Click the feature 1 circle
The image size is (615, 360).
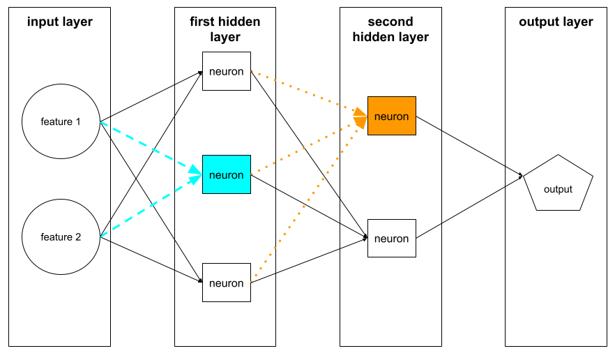pyautogui.click(x=61, y=122)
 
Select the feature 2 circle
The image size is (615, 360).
pyautogui.click(x=61, y=237)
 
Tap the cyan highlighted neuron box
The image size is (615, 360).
pyautogui.click(x=226, y=174)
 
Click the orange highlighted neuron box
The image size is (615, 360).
pyautogui.click(x=391, y=116)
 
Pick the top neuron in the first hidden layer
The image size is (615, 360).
pyautogui.click(x=226, y=71)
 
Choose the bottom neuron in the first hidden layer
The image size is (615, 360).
pyautogui.click(x=226, y=283)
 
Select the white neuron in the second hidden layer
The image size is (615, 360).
pyautogui.click(x=391, y=239)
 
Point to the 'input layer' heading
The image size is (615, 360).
pyautogui.click(x=60, y=22)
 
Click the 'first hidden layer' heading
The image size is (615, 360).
pyautogui.click(x=225, y=29)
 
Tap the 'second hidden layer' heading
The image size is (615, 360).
pyautogui.click(x=390, y=29)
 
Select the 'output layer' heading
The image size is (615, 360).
pyautogui.click(x=556, y=22)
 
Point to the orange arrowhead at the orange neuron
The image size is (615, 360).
pyautogui.click(x=360, y=117)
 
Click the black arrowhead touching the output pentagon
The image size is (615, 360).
pyautogui.click(x=520, y=175)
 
